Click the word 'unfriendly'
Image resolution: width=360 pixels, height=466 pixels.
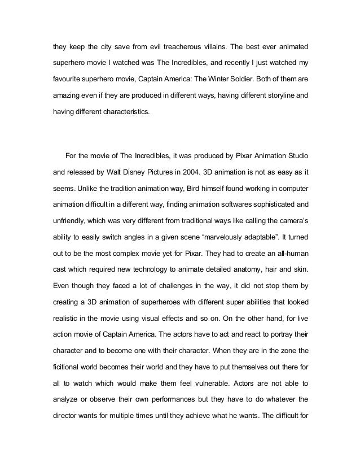coord(70,218)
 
